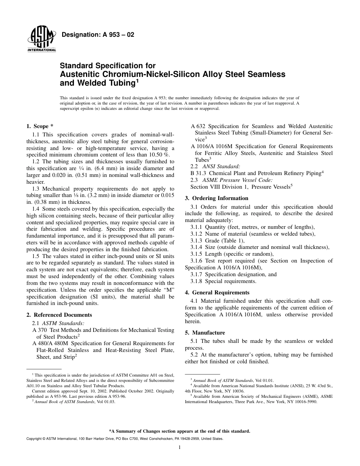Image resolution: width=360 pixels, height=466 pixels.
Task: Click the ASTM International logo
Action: tap(41, 40)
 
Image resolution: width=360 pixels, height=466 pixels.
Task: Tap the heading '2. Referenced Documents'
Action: tap(59, 315)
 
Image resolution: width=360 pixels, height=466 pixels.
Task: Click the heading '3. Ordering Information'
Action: tap(216, 198)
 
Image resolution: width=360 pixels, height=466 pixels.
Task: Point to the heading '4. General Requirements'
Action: tap(217, 292)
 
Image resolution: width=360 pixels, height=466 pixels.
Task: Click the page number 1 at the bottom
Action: tap(180, 447)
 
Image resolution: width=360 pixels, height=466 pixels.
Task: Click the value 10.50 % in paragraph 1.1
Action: tap(158, 155)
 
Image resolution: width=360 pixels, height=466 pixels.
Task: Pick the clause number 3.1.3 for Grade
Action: tap(197, 241)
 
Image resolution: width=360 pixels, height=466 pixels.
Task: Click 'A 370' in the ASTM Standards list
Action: tap(40, 330)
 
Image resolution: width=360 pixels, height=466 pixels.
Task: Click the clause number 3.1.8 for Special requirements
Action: tap(197, 281)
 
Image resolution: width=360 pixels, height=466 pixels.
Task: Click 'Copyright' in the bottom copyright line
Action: tap(34, 439)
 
